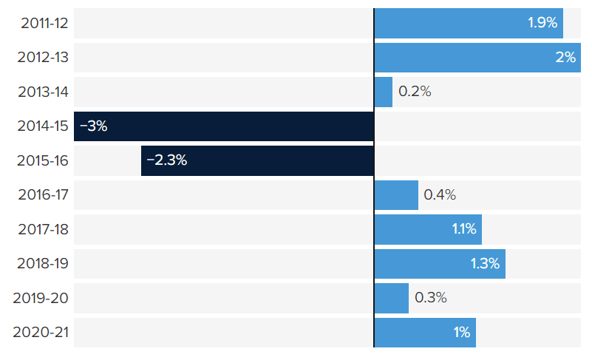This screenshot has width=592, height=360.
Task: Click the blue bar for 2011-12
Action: coord(469,23)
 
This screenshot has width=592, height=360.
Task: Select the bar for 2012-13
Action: coord(475,57)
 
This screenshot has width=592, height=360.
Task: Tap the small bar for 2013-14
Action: coord(384,92)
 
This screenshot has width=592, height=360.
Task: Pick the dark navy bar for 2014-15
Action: coord(224,126)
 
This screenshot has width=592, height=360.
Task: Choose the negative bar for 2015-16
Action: coord(257,160)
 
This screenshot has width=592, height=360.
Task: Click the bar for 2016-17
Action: coord(396,195)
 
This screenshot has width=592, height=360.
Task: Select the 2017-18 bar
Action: coord(428,229)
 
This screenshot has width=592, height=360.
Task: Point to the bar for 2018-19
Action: coord(440,264)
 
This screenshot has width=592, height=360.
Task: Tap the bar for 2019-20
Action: coord(392,298)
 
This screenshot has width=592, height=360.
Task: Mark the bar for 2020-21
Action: coord(425,333)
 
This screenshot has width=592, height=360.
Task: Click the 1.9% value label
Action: coord(542,23)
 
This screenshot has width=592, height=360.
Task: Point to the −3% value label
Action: coord(93,126)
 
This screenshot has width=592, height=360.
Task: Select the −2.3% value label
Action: coord(166,160)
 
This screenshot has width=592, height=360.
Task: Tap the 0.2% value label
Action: coord(414,92)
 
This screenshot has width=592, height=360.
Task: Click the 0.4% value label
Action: coord(439,195)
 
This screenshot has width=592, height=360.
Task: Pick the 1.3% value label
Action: coord(485,264)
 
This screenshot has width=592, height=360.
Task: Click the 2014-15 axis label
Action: coord(43,126)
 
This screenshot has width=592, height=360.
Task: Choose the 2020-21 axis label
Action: coord(41,333)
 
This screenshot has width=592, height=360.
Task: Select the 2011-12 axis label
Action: coord(44,23)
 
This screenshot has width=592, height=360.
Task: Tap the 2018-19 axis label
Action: coord(42,264)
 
